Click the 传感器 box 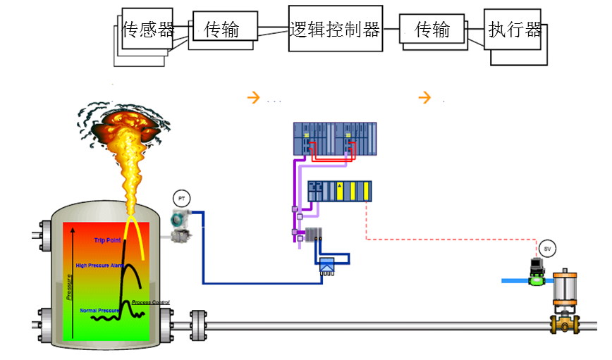[147, 29]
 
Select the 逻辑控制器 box [335, 29]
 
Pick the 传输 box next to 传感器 [221, 29]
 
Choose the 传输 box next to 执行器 [432, 29]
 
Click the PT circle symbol [181, 199]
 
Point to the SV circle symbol [547, 248]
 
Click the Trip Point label [107, 240]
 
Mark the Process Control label [151, 302]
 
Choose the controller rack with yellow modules [339, 191]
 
